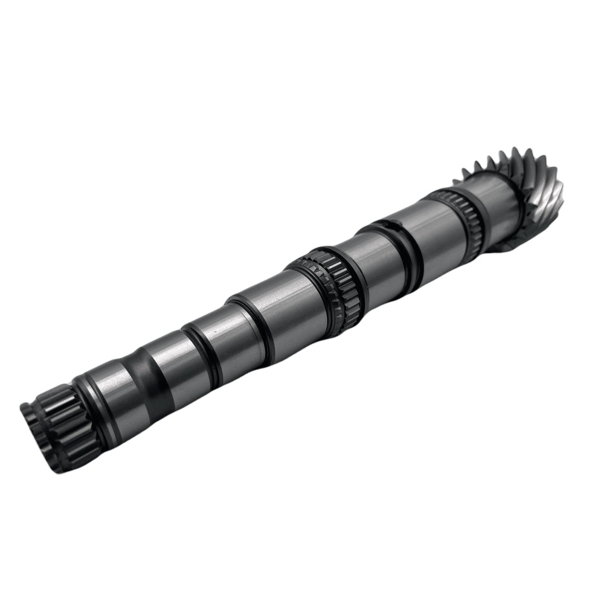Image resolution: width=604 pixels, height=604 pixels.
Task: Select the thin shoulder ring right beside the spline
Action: click(x=85, y=393)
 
